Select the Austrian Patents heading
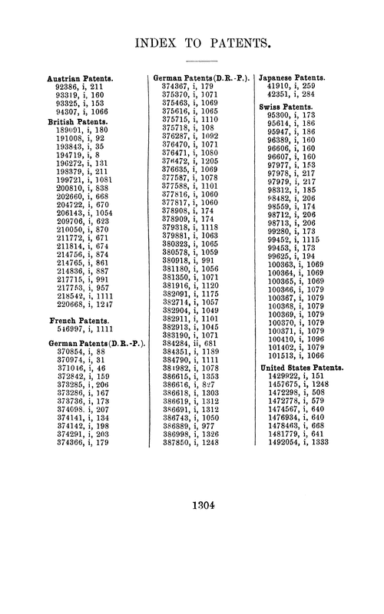point(81,79)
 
